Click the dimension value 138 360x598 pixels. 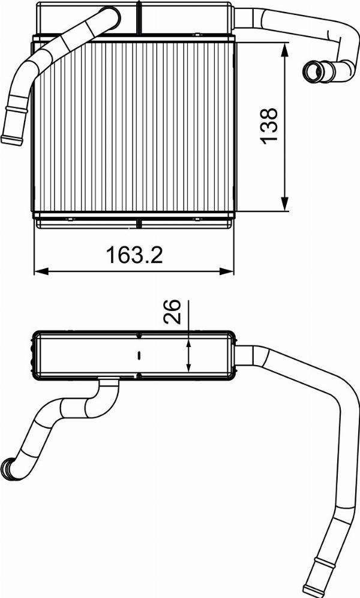point(269,125)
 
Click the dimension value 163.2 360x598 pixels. point(135,255)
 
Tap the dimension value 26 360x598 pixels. point(173,312)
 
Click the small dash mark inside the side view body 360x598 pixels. point(139,355)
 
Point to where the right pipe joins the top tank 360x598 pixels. point(234,17)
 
